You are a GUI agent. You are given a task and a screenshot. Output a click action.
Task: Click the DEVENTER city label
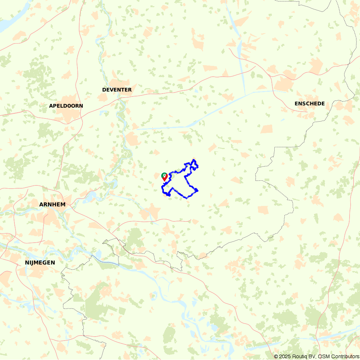(117, 90)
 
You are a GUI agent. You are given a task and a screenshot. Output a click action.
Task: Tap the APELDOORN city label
(66, 106)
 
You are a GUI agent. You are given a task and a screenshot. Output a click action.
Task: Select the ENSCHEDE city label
(309, 104)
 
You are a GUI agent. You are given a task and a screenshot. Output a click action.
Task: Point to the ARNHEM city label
(52, 204)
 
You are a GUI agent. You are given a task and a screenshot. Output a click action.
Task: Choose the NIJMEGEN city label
(40, 262)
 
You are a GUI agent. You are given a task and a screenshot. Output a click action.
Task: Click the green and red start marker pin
(164, 176)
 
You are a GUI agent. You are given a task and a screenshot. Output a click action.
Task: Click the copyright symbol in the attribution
(276, 356)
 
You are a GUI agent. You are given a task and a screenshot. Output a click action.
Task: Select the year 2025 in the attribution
(284, 356)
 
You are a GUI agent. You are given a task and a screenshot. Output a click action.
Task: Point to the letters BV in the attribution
(312, 356)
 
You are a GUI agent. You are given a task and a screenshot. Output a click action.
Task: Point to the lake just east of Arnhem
(90, 196)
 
